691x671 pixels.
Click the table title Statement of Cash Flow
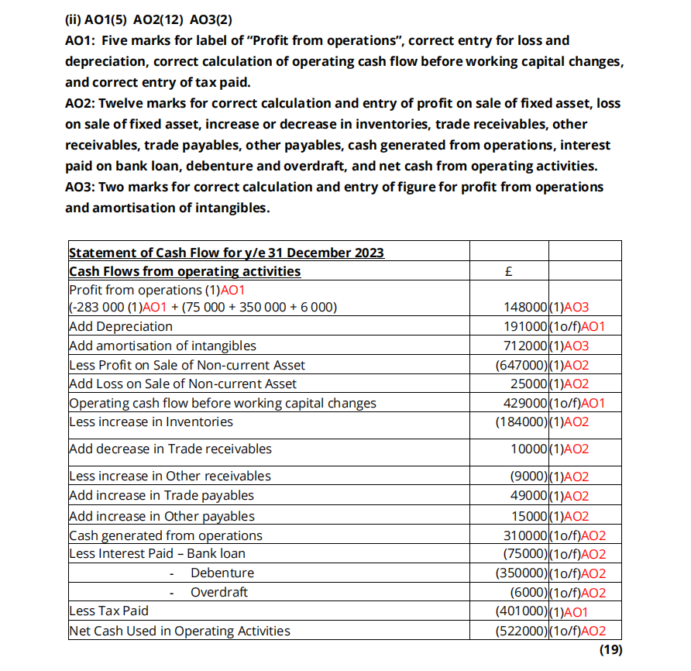tap(226, 253)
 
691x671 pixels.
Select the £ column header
tap(508, 271)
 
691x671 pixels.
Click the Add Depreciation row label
tap(121, 326)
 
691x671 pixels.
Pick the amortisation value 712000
tap(525, 346)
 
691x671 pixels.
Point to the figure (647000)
tap(521, 365)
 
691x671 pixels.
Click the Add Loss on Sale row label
tap(183, 384)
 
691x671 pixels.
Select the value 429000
tap(525, 403)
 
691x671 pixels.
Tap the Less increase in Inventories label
tap(151, 422)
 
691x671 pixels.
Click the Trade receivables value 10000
tap(529, 449)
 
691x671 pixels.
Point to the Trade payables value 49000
tap(529, 496)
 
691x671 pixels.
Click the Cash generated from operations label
tap(166, 535)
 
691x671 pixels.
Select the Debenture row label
tap(222, 573)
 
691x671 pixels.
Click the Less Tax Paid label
tap(108, 611)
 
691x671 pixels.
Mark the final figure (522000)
tap(521, 631)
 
